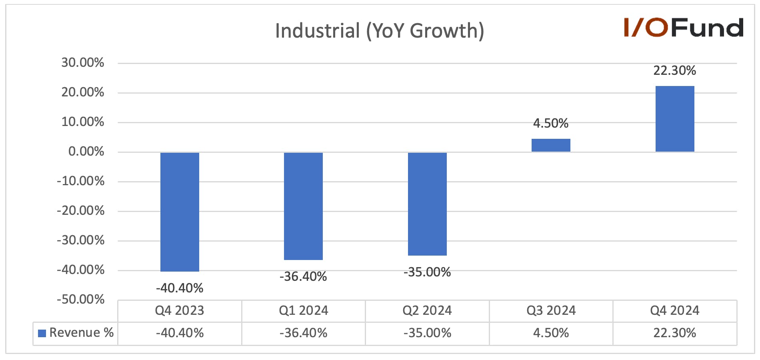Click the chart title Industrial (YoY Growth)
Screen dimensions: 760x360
tap(380, 31)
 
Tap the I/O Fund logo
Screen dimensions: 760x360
tap(684, 28)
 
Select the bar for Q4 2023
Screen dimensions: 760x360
tap(180, 212)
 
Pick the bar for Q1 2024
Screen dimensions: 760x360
tap(303, 206)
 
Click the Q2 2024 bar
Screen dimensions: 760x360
tap(427, 204)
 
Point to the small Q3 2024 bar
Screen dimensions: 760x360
tap(551, 145)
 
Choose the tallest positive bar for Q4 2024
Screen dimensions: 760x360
tap(675, 119)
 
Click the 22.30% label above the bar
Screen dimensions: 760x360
tap(675, 70)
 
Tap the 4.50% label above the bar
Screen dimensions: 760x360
tap(551, 123)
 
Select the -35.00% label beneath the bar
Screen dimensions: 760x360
tap(427, 272)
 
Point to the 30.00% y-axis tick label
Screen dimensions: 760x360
tap(82, 62)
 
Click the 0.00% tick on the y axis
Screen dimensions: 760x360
tap(86, 152)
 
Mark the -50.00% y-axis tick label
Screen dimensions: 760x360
tap(80, 299)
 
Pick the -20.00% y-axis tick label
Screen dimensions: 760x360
tap(80, 210)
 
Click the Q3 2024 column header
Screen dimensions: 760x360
tap(551, 310)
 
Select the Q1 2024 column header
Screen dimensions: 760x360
tap(303, 310)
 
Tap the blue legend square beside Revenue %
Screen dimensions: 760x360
tap(42, 333)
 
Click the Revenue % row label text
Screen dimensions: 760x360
tap(82, 333)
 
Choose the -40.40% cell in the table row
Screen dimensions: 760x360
tap(180, 333)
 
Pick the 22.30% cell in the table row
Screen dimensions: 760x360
tap(675, 333)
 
